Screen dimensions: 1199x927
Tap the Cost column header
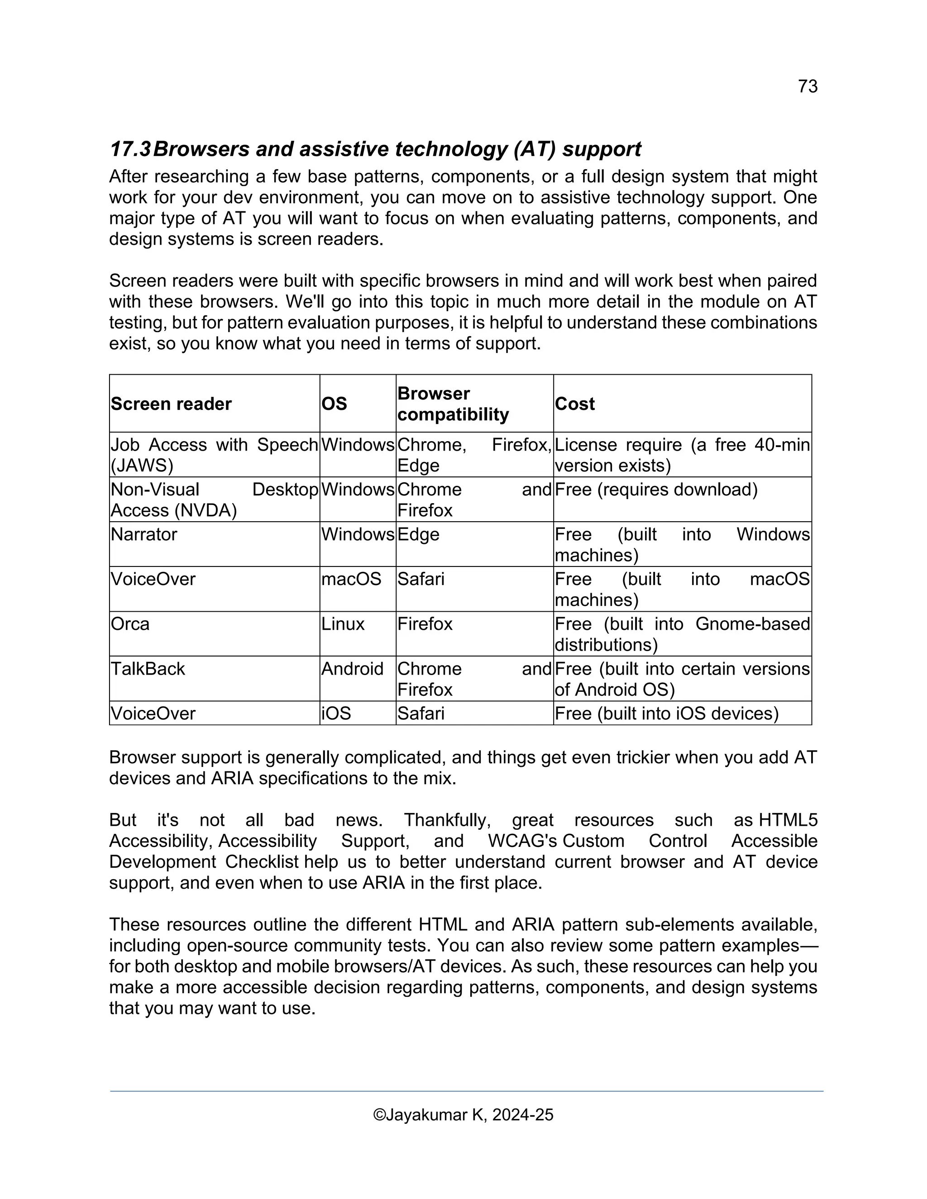(574, 404)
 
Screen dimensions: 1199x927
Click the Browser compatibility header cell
(453, 404)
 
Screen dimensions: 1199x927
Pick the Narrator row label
(144, 534)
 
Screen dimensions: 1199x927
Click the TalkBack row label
(148, 669)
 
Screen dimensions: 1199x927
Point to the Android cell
(352, 669)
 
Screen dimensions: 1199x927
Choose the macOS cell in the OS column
(351, 579)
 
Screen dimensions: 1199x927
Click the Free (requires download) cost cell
(656, 490)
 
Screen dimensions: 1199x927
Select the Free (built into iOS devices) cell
(666, 713)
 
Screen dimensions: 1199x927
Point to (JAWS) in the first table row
(142, 466)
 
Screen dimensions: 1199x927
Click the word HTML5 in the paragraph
(788, 820)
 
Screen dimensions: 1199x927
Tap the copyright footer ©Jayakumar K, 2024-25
(463, 1114)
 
